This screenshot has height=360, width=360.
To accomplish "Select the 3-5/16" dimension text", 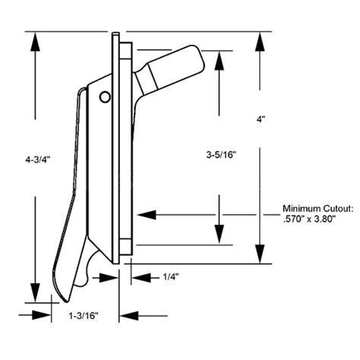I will tap(221, 155).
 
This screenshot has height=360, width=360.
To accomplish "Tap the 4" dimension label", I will tap(261, 120).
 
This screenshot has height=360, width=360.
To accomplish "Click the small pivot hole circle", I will tap(104, 96).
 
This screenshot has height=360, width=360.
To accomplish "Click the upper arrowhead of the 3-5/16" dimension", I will tap(219, 61).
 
